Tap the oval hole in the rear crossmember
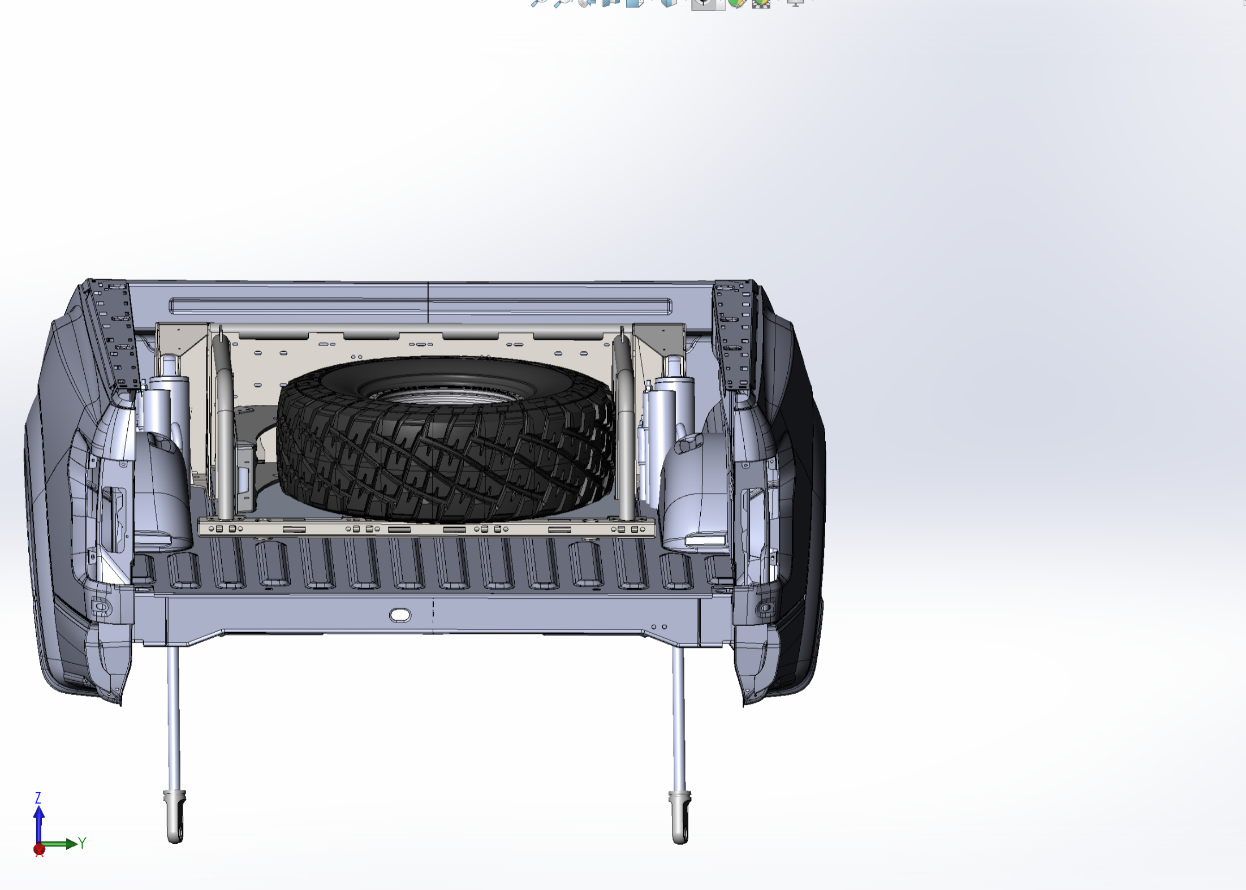pyautogui.click(x=400, y=615)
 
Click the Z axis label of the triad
pyautogui.click(x=38, y=798)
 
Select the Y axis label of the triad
pyautogui.click(x=83, y=843)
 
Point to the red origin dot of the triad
pyautogui.click(x=39, y=849)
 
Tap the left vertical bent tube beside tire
pyautogui.click(x=225, y=424)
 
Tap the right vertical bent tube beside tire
pyautogui.click(x=625, y=424)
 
